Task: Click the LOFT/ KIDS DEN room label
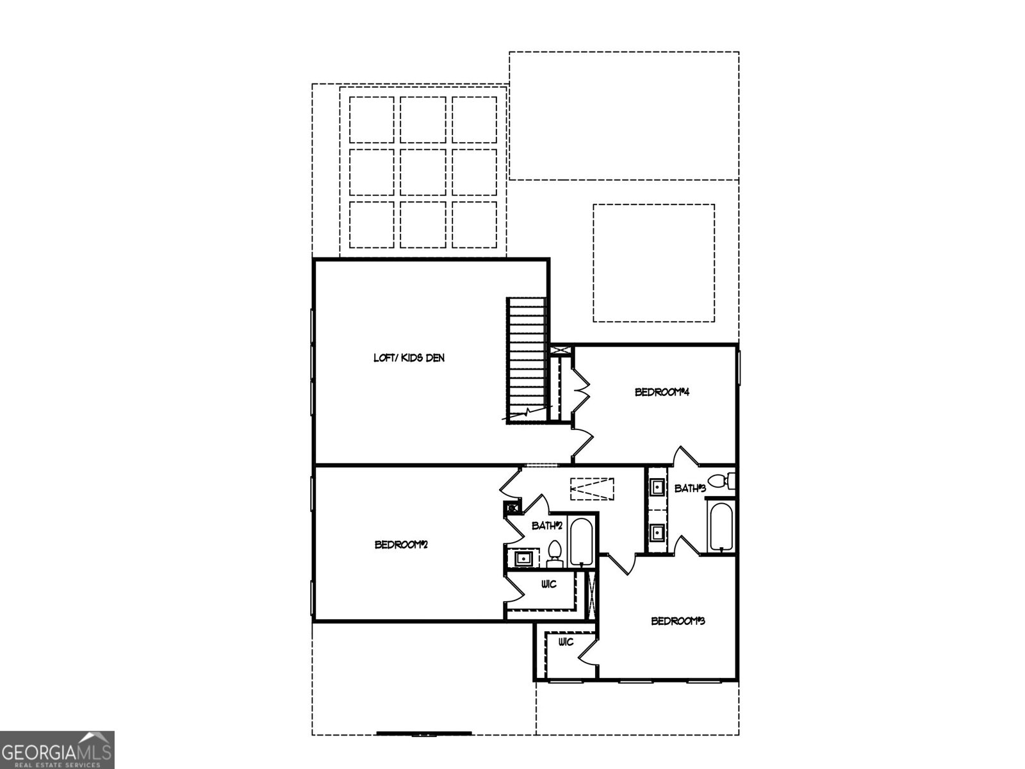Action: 409,358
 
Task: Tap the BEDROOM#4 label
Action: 662,392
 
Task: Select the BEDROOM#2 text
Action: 402,545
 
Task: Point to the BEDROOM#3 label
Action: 678,621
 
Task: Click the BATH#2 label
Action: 547,525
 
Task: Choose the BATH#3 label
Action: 690,489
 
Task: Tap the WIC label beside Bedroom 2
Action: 549,584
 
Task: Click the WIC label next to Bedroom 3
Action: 566,643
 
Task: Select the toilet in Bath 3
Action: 721,481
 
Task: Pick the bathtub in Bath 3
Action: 721,527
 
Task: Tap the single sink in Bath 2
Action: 524,558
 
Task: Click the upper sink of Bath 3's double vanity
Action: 657,488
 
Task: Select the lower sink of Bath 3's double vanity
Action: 657,532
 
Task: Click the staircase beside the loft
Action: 527,360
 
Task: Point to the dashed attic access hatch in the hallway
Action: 592,489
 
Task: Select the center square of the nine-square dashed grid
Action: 423,172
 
